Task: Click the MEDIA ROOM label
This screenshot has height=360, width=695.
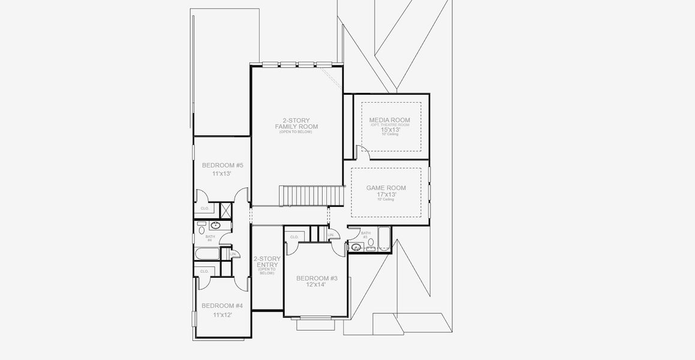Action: click(x=390, y=120)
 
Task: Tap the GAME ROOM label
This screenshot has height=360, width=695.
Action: click(x=386, y=188)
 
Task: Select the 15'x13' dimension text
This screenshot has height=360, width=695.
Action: click(x=390, y=129)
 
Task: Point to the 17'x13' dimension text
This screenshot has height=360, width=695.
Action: click(x=386, y=194)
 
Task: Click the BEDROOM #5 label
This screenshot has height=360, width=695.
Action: click(x=222, y=165)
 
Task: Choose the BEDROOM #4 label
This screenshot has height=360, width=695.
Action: click(x=222, y=305)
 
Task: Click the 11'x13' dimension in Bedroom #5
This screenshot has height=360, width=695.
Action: click(x=222, y=173)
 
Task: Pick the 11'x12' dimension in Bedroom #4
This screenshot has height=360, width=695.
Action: click(x=222, y=314)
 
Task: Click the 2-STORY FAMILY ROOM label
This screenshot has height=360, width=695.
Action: click(x=296, y=123)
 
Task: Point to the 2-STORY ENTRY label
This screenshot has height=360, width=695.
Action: click(x=267, y=262)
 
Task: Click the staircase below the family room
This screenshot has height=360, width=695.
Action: click(x=312, y=195)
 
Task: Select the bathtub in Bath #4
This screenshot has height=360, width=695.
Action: click(x=207, y=254)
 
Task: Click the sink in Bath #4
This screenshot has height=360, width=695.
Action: click(x=215, y=226)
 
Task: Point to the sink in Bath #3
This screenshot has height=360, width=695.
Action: click(x=356, y=247)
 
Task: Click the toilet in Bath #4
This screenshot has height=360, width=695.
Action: click(x=201, y=229)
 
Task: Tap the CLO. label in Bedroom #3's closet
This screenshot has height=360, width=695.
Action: click(x=294, y=237)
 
